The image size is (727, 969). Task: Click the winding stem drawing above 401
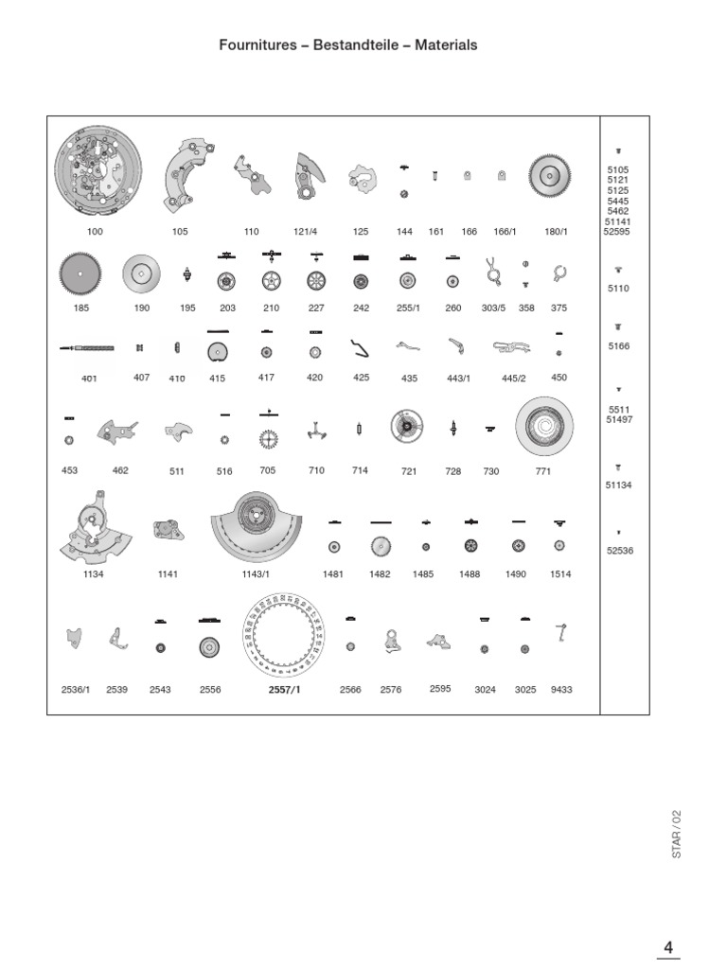(87, 350)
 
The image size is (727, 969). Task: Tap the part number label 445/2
(513, 378)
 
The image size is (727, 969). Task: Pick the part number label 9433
(561, 690)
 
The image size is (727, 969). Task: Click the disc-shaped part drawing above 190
(141, 275)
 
